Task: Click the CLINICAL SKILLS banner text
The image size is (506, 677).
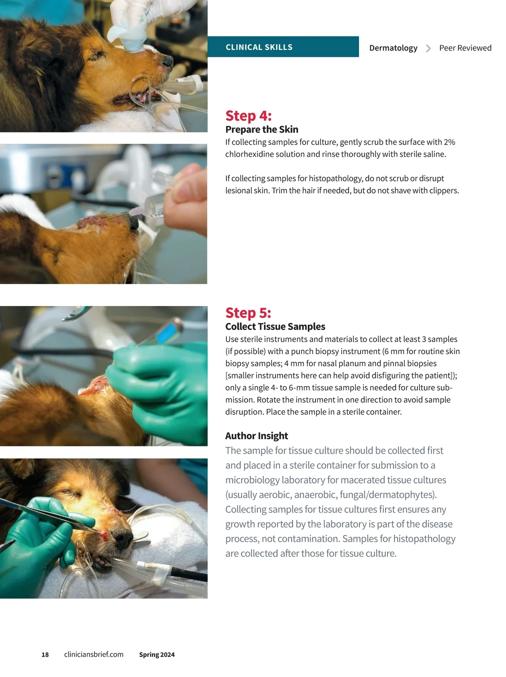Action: [258, 47]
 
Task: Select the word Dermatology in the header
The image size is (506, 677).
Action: [393, 48]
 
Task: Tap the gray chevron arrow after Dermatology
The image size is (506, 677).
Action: [428, 48]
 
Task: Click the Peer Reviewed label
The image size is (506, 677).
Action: [465, 48]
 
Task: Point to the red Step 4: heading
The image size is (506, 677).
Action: [248, 116]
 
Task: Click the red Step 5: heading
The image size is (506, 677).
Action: [248, 313]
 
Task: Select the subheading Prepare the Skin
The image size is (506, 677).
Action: [261, 129]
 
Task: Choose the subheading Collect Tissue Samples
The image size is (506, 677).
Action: [275, 326]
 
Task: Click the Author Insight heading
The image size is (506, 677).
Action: [256, 435]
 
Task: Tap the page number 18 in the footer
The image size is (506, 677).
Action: [45, 655]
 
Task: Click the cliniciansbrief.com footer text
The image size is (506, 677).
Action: [94, 655]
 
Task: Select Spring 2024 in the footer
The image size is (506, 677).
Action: [157, 655]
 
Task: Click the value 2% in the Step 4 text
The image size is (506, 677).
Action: [449, 142]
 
